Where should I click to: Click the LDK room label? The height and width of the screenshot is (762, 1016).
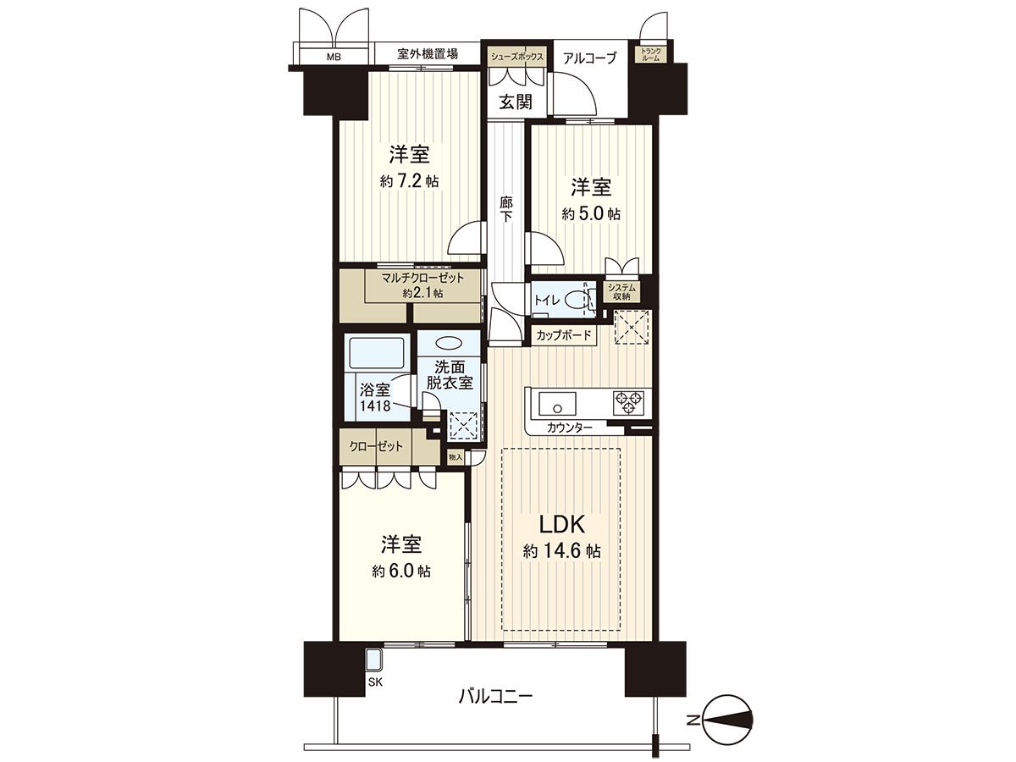pyautogui.click(x=561, y=524)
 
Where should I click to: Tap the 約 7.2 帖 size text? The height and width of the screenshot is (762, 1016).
pyautogui.click(x=409, y=181)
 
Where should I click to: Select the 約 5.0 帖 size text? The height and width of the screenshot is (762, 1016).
pyautogui.click(x=591, y=213)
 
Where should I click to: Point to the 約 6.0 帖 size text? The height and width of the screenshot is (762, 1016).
pyautogui.click(x=401, y=571)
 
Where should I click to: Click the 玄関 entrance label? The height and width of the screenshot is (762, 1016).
pyautogui.click(x=515, y=102)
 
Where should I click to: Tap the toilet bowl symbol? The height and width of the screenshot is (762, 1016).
pyautogui.click(x=575, y=301)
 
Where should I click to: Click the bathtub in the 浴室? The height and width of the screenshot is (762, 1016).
pyautogui.click(x=377, y=352)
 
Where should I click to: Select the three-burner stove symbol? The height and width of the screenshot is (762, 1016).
pyautogui.click(x=628, y=402)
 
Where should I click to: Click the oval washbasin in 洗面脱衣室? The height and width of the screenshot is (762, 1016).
pyautogui.click(x=449, y=344)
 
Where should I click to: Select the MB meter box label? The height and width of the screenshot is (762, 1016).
pyautogui.click(x=334, y=58)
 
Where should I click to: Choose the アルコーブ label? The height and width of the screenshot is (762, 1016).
pyautogui.click(x=589, y=58)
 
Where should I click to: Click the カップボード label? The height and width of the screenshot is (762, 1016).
pyautogui.click(x=564, y=335)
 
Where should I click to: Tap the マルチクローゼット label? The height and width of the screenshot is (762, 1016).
pyautogui.click(x=422, y=278)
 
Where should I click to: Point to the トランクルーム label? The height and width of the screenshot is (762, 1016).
pyautogui.click(x=651, y=54)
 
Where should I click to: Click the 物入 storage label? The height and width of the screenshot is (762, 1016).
pyautogui.click(x=456, y=457)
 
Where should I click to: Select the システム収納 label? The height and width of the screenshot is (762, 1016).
pyautogui.click(x=621, y=293)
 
